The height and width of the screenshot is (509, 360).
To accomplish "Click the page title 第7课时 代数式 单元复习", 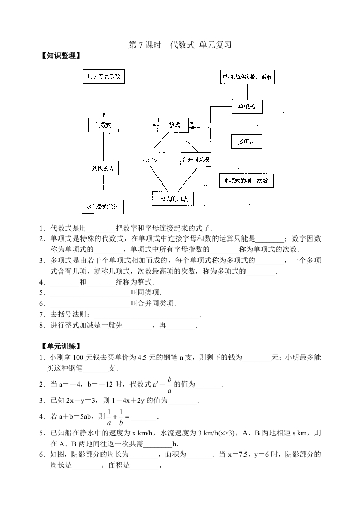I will click(x=179, y=45).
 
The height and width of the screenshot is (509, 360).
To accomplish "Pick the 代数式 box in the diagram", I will click(x=103, y=125).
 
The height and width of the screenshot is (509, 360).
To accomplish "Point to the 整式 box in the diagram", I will click(x=174, y=125).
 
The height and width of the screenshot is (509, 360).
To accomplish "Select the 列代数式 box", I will click(x=103, y=168).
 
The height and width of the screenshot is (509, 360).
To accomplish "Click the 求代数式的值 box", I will click(x=103, y=206).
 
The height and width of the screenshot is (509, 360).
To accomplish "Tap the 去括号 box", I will click(x=150, y=159).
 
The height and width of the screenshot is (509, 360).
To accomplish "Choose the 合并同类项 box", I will click(x=196, y=159).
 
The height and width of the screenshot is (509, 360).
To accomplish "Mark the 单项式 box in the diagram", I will click(x=247, y=106).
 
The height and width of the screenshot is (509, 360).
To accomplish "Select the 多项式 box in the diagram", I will click(x=247, y=141).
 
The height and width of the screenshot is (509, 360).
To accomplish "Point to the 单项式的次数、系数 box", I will click(x=247, y=77).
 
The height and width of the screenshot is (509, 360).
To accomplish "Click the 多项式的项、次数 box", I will click(x=246, y=180).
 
